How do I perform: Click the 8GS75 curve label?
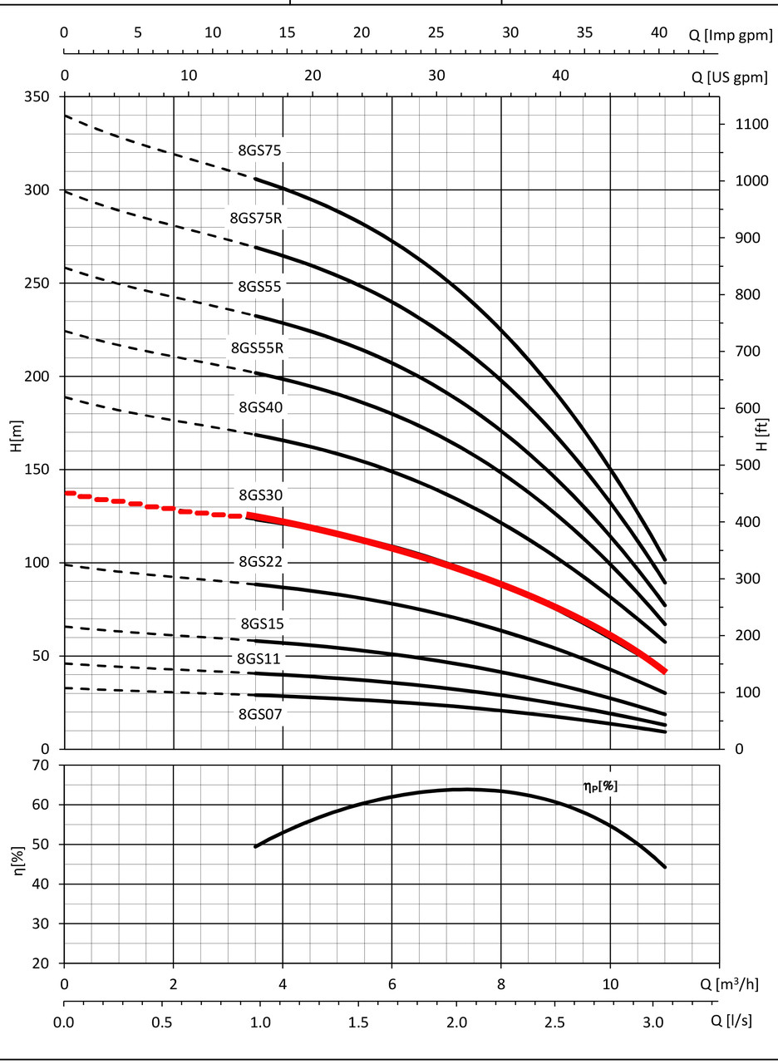(261, 150)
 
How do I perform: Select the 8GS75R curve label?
(257, 218)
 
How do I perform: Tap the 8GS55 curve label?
(260, 286)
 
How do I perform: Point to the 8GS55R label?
(257, 347)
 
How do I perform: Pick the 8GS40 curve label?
(261, 407)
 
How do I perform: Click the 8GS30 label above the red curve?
(261, 495)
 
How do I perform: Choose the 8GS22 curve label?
(261, 561)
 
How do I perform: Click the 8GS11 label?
(259, 658)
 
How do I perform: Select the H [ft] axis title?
(763, 435)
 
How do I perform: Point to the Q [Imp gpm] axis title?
(731, 33)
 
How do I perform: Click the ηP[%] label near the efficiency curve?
(600, 784)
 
